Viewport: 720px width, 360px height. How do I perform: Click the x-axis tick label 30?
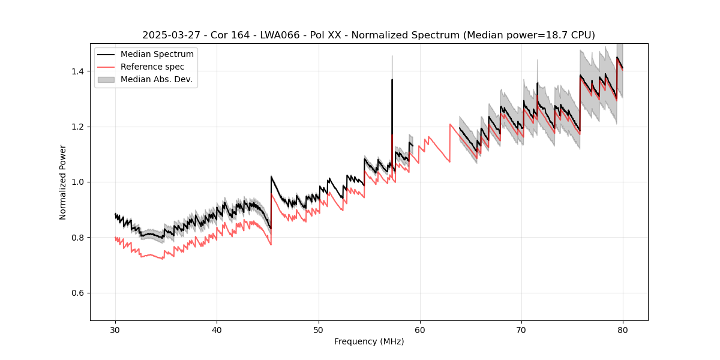click(115, 329)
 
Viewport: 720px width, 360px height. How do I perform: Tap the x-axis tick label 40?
click(217, 329)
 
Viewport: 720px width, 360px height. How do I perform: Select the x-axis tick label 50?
click(318, 329)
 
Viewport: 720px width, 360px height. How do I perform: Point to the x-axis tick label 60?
click(420, 329)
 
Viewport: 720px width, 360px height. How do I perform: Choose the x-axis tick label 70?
click(521, 329)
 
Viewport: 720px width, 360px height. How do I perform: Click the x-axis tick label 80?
click(623, 329)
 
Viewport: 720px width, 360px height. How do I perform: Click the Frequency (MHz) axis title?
click(369, 341)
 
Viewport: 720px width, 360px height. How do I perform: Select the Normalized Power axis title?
click(62, 182)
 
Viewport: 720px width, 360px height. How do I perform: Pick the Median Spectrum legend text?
click(157, 55)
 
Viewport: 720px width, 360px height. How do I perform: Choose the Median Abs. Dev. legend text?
click(156, 79)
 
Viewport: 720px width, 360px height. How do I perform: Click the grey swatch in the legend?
click(106, 79)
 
